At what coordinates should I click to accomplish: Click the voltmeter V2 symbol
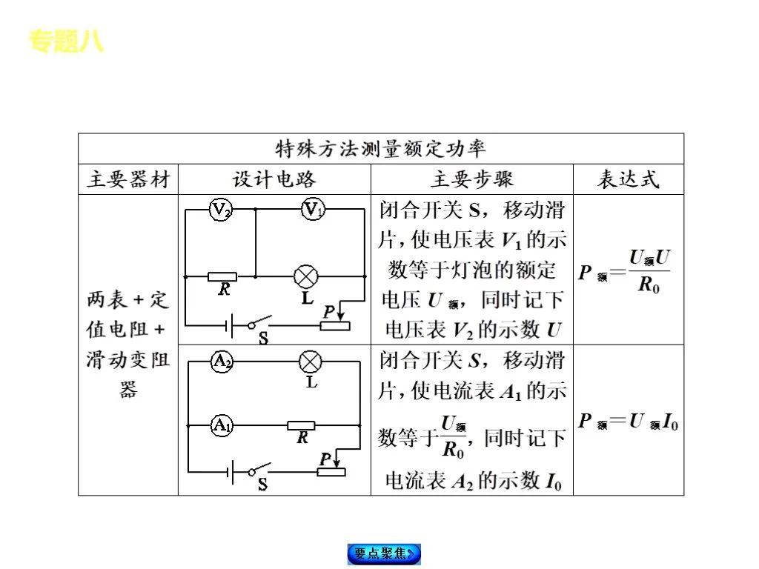pyautogui.click(x=221, y=210)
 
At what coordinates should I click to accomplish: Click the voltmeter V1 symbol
pyautogui.click(x=313, y=210)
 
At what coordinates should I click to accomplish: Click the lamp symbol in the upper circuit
pyautogui.click(x=305, y=276)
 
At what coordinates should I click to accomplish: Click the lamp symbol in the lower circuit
pyautogui.click(x=310, y=362)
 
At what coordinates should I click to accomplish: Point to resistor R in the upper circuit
pyautogui.click(x=222, y=276)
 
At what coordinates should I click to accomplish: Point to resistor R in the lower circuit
pyautogui.click(x=302, y=425)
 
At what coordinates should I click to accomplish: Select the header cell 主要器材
pyautogui.click(x=128, y=179)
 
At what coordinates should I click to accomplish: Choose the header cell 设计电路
pyautogui.click(x=274, y=179)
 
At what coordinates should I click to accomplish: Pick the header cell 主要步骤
pyautogui.click(x=471, y=179)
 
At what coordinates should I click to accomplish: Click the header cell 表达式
pyautogui.click(x=628, y=179)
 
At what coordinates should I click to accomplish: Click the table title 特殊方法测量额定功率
pyautogui.click(x=381, y=148)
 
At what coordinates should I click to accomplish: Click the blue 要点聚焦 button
pyautogui.click(x=383, y=553)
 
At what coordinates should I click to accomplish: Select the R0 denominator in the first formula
pyautogui.click(x=649, y=284)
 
